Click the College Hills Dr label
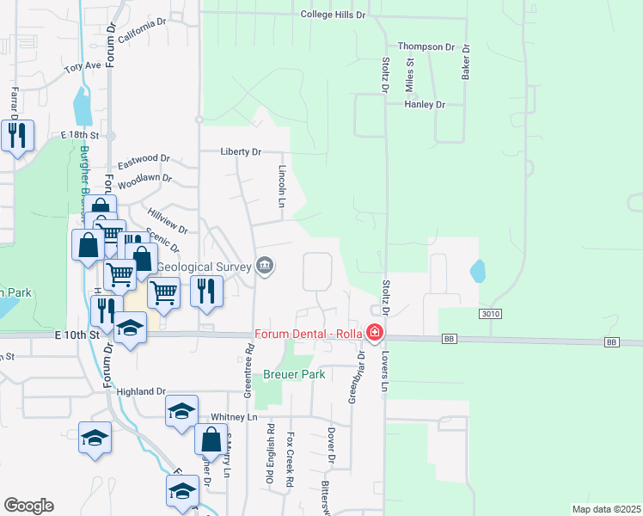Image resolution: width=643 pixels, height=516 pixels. pyautogui.click(x=334, y=15)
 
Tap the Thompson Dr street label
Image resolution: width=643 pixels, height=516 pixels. pyautogui.click(x=426, y=46)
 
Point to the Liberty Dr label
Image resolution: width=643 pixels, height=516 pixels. pyautogui.click(x=241, y=151)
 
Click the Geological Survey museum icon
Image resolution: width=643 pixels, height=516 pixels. pyautogui.click(x=265, y=266)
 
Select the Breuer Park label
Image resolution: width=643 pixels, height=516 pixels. pyautogui.click(x=293, y=375)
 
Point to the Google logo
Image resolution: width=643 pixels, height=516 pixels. pyautogui.click(x=28, y=506)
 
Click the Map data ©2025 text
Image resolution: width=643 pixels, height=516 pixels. pyautogui.click(x=606, y=509)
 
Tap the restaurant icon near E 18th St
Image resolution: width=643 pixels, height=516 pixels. pyautogui.click(x=16, y=136)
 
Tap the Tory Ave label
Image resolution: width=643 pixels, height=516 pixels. pyautogui.click(x=83, y=65)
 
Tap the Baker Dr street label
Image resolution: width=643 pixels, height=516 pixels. pyautogui.click(x=466, y=62)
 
